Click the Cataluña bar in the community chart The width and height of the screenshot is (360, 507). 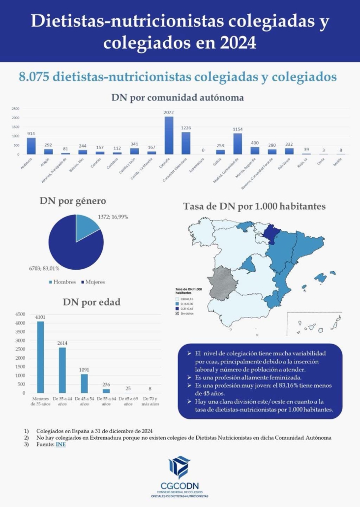point(169,135)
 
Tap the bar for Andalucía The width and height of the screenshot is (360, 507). point(31,146)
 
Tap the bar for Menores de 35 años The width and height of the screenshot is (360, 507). point(40,357)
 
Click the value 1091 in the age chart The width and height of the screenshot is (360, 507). point(84,369)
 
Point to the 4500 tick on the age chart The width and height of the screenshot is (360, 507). point(20,314)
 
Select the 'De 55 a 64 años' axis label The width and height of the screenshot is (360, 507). point(106,401)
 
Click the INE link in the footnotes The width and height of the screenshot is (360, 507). point(60,444)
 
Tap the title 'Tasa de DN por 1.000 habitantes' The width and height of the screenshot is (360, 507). point(254,206)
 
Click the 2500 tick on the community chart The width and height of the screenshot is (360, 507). point(16,109)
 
